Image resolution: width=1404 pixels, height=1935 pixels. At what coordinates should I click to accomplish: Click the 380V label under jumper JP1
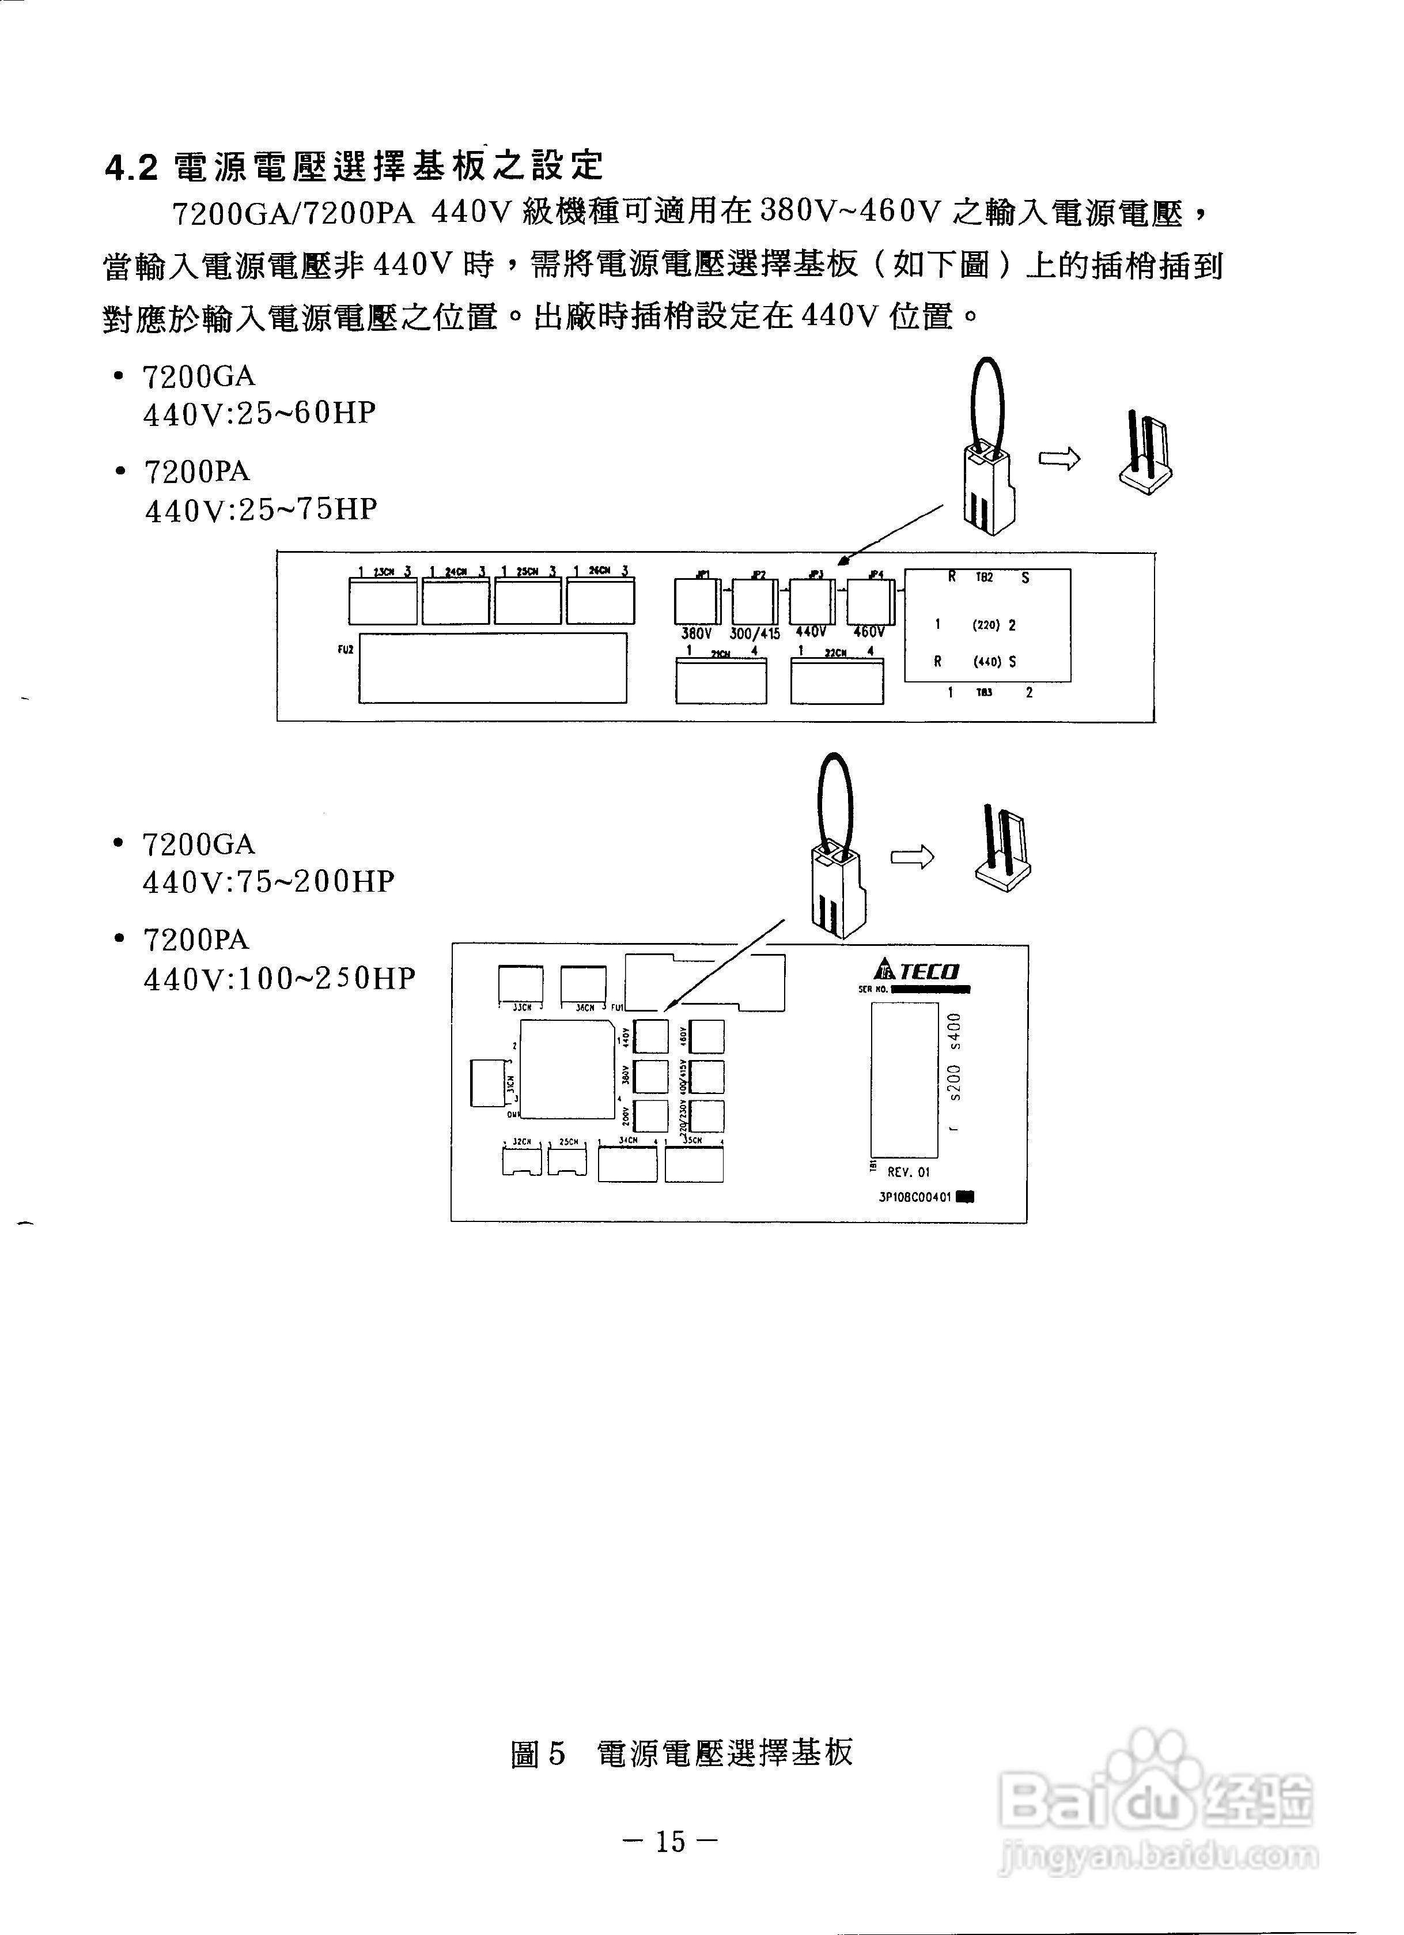(696, 634)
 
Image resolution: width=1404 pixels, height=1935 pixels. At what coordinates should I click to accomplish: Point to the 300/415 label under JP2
(755, 635)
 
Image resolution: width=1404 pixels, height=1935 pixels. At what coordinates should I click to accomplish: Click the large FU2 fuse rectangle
(492, 668)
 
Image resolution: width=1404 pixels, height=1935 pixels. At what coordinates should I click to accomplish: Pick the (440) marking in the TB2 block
(987, 661)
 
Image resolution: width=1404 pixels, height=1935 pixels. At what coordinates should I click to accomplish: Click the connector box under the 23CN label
(383, 602)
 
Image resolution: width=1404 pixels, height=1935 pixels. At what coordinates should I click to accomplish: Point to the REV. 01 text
(909, 1172)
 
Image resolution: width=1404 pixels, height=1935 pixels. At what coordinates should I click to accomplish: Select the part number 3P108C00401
(915, 1197)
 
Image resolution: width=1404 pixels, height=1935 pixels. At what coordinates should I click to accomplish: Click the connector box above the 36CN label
(584, 984)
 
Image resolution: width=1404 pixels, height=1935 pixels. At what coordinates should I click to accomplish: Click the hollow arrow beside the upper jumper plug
(1058, 459)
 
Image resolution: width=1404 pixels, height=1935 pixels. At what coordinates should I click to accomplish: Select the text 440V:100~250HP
(279, 978)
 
